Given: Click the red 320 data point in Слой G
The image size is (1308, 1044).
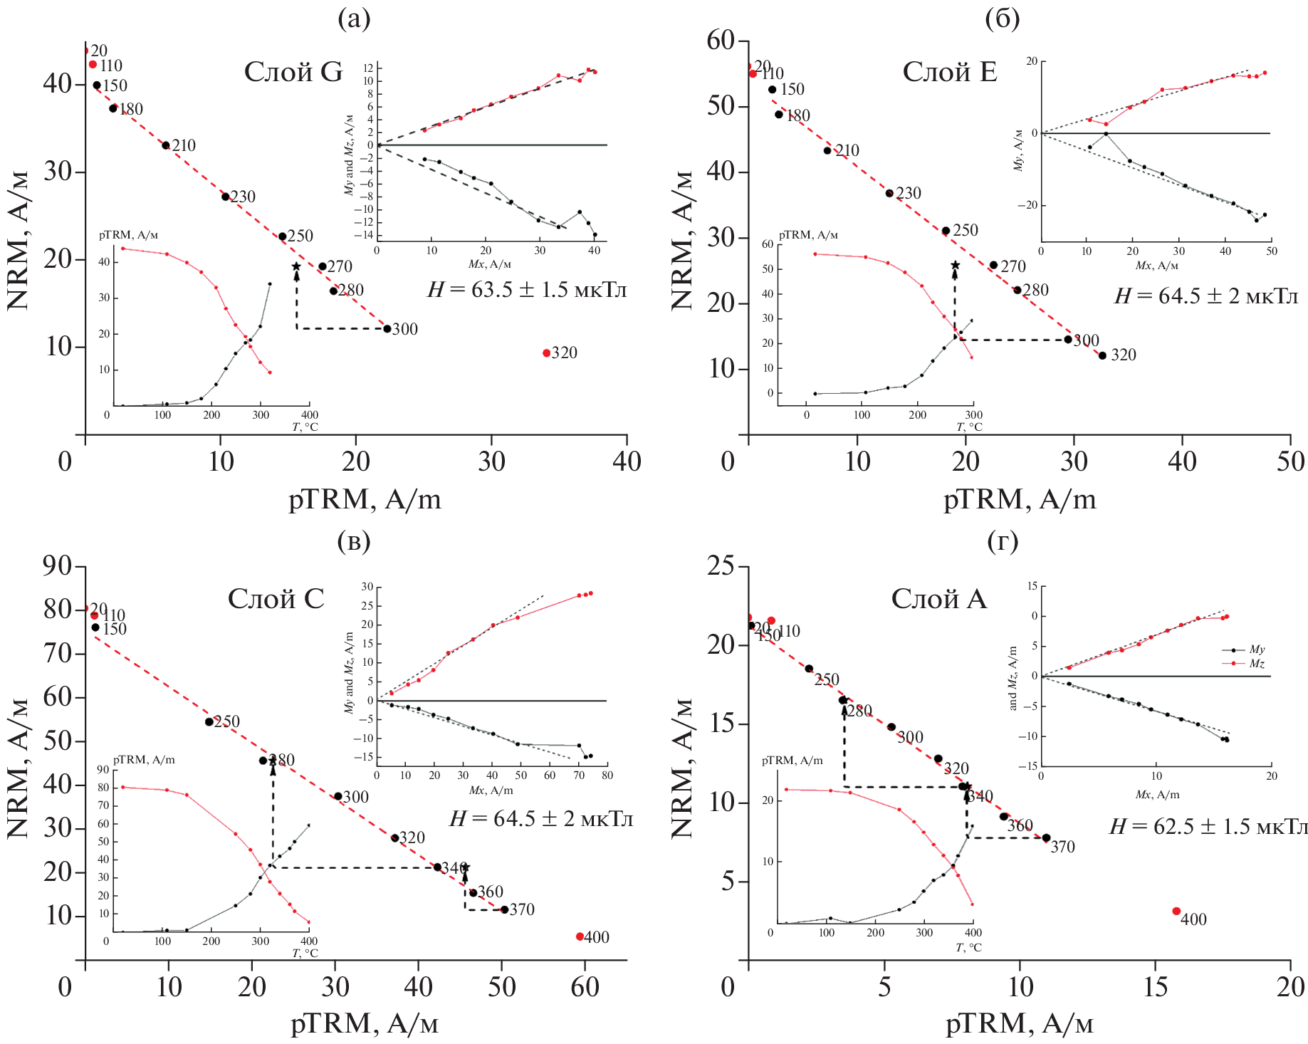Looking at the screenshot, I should (x=547, y=353).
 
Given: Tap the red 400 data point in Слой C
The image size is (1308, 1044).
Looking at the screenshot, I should (x=580, y=936).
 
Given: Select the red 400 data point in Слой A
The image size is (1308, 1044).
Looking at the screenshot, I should (x=1176, y=912).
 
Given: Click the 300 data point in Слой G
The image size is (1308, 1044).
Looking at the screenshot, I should (x=387, y=329).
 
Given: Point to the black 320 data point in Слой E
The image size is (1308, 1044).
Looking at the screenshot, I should (x=1102, y=355).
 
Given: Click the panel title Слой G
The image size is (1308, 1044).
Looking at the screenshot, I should (x=293, y=72).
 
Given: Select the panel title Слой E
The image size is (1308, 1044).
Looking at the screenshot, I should (x=950, y=72).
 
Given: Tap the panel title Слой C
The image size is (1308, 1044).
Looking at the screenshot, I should (x=276, y=599).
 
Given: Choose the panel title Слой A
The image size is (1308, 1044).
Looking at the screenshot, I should (x=938, y=599).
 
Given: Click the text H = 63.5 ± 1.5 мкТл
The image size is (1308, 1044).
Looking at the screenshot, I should (x=527, y=290).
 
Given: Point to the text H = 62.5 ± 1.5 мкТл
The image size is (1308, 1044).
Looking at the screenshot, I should (x=1208, y=827).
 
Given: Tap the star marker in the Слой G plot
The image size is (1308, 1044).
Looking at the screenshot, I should (x=296, y=266).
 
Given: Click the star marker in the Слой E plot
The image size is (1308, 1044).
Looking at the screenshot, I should (x=956, y=265).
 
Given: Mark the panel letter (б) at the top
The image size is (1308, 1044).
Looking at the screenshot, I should (x=1002, y=19).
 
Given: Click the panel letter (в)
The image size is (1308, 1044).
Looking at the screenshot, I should (x=354, y=542).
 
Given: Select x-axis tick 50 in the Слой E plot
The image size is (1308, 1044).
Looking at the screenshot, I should (x=1290, y=461).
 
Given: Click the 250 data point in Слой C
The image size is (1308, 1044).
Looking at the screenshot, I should (x=209, y=721).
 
